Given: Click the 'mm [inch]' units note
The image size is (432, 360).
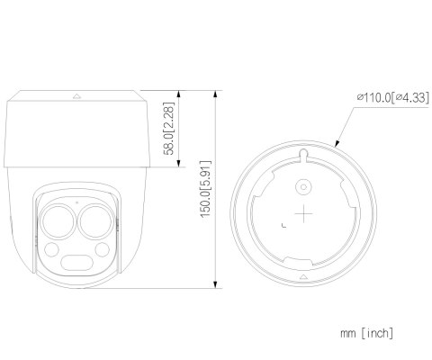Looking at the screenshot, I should click(x=366, y=333).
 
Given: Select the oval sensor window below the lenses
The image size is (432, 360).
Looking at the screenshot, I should click(x=76, y=263).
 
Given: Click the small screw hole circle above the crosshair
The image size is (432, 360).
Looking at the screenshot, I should click(x=305, y=188).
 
